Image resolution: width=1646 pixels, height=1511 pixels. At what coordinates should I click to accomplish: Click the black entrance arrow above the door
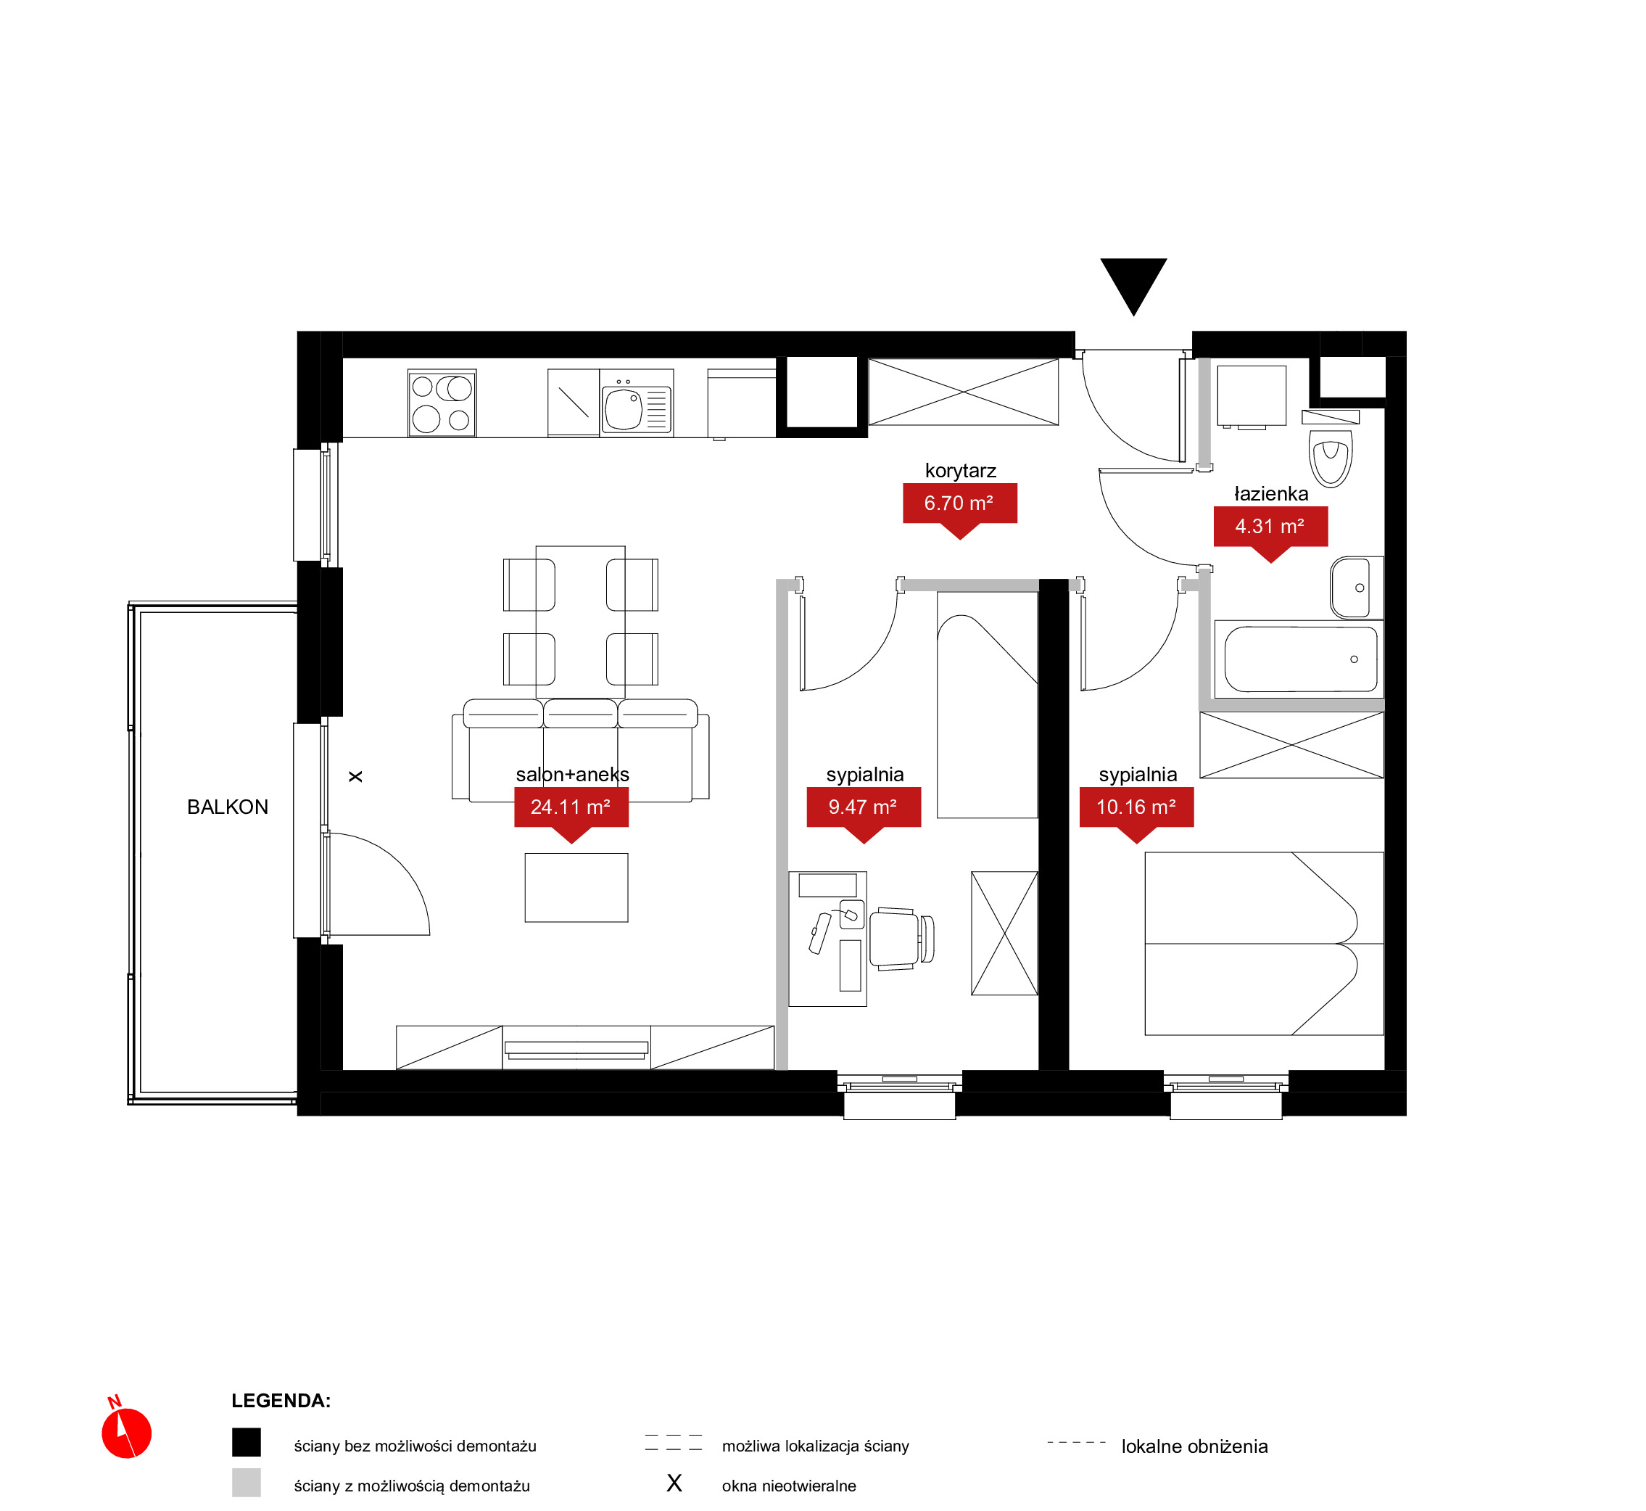click(1133, 282)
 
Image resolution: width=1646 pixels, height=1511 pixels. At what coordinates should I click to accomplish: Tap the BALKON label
click(227, 807)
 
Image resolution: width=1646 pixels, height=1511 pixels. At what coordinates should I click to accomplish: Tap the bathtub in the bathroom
click(1299, 659)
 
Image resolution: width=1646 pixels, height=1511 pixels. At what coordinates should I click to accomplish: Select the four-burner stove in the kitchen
click(442, 403)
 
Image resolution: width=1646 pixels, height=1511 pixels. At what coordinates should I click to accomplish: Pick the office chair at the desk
click(901, 939)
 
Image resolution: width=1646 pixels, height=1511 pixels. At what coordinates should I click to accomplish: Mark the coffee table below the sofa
click(576, 887)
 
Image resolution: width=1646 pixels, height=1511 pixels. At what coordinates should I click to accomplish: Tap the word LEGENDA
click(281, 1401)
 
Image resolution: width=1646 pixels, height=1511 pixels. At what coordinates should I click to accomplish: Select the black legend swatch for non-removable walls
click(246, 1442)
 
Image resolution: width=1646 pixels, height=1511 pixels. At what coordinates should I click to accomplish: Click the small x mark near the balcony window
click(355, 776)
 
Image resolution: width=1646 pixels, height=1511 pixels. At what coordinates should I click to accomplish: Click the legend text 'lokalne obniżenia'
click(1194, 1446)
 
